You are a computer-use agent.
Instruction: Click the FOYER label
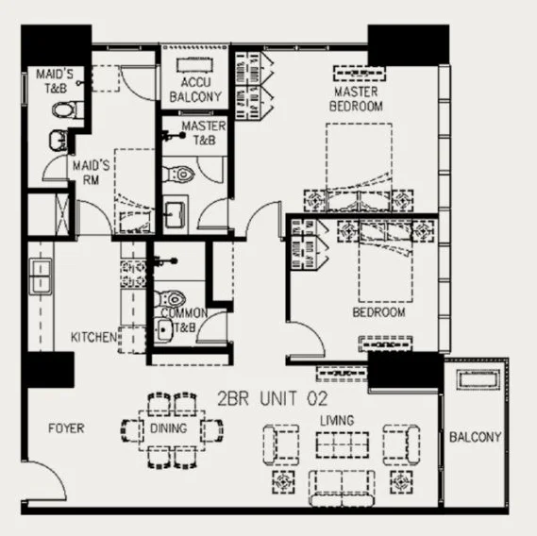[66, 428]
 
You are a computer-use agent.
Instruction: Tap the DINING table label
[169, 428]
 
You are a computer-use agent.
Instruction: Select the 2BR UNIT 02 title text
[273, 398]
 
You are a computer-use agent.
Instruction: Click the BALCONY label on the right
[476, 437]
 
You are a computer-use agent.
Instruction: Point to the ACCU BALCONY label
[195, 90]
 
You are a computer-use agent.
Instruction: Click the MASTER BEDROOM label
[356, 99]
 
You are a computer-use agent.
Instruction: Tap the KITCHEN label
[93, 337]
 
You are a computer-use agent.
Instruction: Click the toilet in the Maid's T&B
[67, 110]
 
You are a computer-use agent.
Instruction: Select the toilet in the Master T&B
[177, 175]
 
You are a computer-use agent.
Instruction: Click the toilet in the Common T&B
[170, 299]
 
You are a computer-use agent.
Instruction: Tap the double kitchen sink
[41, 276]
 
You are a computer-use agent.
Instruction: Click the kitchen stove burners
[133, 274]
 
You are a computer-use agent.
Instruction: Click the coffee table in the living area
[343, 444]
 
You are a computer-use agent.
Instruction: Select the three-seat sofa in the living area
[342, 488]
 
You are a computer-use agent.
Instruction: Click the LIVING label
[337, 421]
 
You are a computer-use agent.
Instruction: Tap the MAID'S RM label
[92, 173]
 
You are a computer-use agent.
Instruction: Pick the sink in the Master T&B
[175, 215]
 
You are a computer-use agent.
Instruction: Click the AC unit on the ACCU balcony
[194, 65]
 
